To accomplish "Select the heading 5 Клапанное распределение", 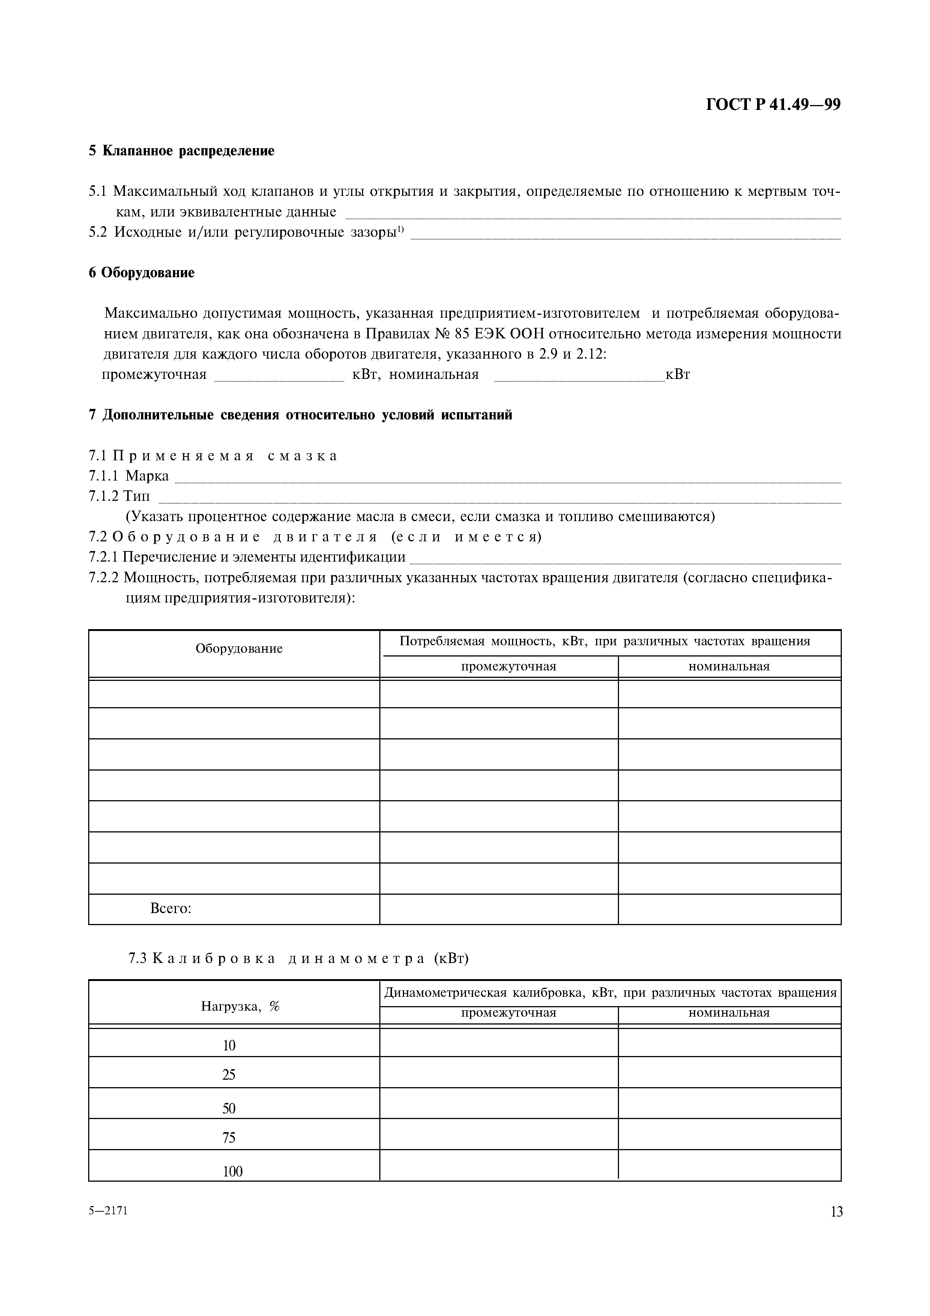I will (182, 151).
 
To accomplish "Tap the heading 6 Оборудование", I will (141, 273).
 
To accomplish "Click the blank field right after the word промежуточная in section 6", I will (279, 376).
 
